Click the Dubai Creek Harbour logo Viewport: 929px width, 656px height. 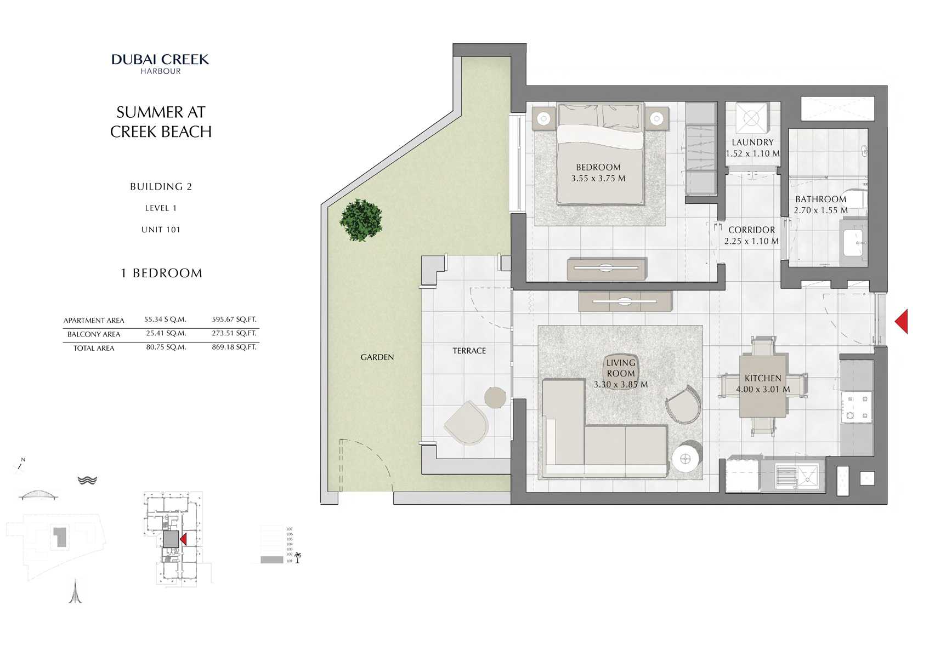pyautogui.click(x=160, y=63)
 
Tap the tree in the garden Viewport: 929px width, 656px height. pyautogui.click(x=361, y=220)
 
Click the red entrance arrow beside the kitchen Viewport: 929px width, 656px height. pyautogui.click(x=902, y=321)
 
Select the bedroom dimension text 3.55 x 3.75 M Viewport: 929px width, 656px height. pyautogui.click(x=598, y=178)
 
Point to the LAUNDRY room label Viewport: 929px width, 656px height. pyautogui.click(x=752, y=142)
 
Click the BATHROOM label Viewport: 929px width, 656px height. pyautogui.click(x=820, y=199)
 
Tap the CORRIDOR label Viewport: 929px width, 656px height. pyautogui.click(x=751, y=230)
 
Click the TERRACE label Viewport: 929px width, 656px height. pyautogui.click(x=469, y=351)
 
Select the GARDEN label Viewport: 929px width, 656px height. pyautogui.click(x=377, y=357)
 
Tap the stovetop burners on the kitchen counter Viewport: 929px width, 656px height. pyautogui.click(x=857, y=406)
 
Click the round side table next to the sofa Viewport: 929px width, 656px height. pyautogui.click(x=687, y=457)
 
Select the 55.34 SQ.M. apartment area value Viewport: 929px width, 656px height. pyautogui.click(x=165, y=319)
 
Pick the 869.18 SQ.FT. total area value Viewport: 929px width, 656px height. pyautogui.click(x=234, y=347)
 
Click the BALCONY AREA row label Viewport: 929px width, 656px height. pyautogui.click(x=94, y=334)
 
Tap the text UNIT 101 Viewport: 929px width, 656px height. pyautogui.click(x=161, y=230)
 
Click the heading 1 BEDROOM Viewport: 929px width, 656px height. pyautogui.click(x=161, y=273)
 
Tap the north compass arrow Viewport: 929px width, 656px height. pyautogui.click(x=20, y=465)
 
